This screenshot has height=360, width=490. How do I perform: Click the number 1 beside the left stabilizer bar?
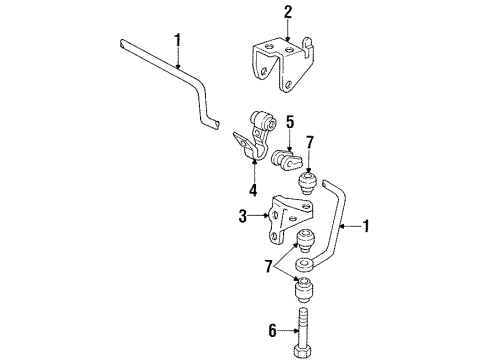179,41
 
